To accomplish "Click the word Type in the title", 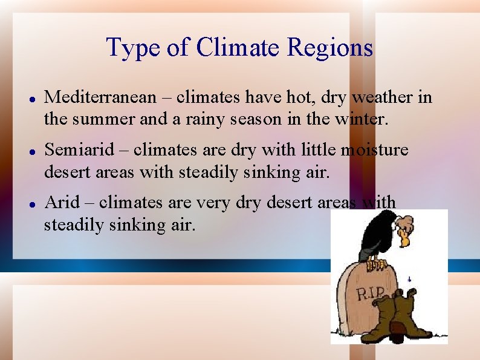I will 126,47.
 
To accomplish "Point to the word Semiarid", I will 83,149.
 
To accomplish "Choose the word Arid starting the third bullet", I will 62,201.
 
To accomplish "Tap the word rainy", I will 195,119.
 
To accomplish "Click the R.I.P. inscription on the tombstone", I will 370,294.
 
